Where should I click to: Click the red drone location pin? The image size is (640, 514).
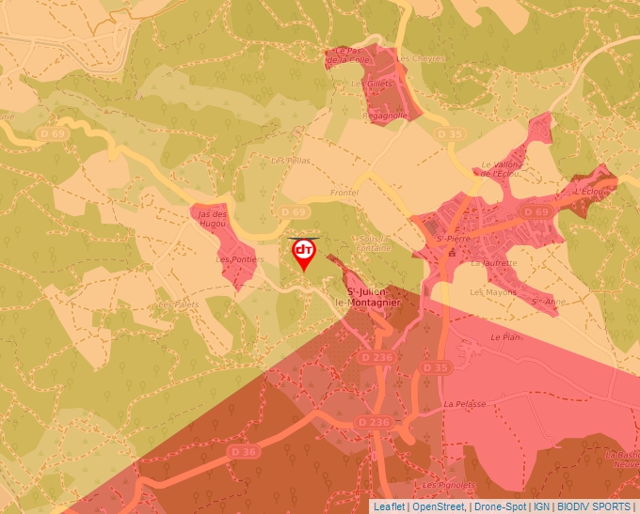point(304,254)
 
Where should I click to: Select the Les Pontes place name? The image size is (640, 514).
point(236,259)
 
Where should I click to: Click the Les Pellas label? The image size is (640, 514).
point(290,161)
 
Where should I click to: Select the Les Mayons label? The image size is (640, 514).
point(494,292)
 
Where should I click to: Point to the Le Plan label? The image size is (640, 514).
point(505,335)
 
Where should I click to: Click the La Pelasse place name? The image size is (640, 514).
point(463,404)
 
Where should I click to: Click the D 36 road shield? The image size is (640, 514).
point(243,451)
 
